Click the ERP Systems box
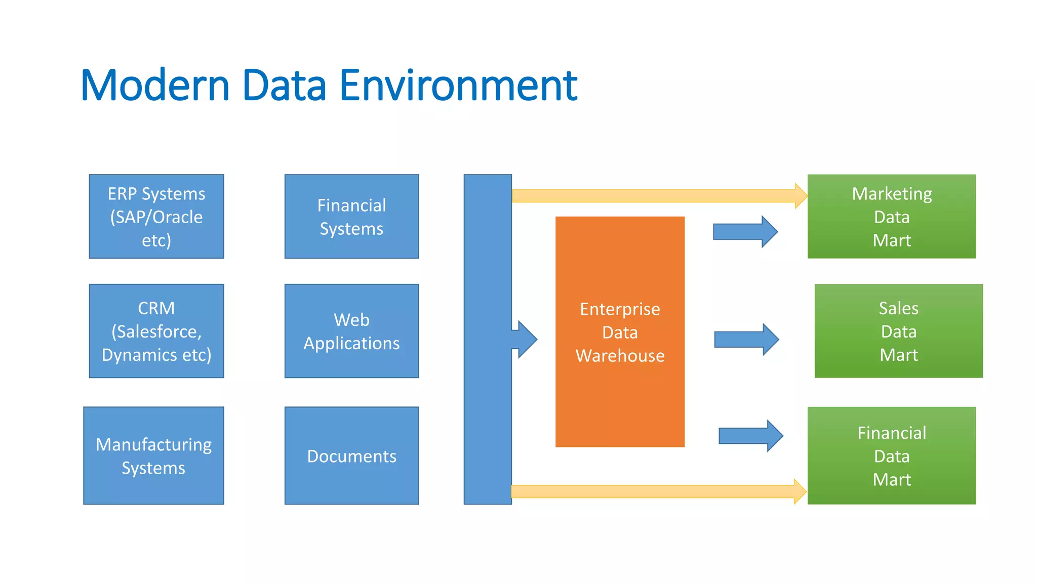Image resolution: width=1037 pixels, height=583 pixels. point(156,217)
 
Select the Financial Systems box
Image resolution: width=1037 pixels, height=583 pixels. point(351,217)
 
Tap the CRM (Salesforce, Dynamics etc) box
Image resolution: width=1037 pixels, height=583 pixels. point(156,331)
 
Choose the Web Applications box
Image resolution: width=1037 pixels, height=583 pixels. point(351,331)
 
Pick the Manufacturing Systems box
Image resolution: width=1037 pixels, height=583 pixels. point(153,455)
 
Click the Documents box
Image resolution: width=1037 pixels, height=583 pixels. point(351,455)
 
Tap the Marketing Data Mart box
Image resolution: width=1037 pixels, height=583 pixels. point(891,217)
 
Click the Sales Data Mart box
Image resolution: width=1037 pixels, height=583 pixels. point(898,331)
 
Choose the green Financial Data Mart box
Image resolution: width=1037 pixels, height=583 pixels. point(891,455)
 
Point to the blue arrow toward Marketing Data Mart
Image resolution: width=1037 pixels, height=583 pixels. point(745,232)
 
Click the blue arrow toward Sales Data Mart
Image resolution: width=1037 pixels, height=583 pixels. point(746,340)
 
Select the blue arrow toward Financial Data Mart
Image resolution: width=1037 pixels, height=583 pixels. point(750,436)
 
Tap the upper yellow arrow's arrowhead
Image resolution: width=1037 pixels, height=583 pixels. point(801,196)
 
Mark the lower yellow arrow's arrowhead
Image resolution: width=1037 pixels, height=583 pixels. point(800,491)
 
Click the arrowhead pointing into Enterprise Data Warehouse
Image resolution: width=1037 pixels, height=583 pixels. point(527,339)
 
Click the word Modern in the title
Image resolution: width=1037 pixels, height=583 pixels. point(155,85)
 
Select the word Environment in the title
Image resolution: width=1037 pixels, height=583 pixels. point(458,85)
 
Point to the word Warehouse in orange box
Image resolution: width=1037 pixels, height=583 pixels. point(620,356)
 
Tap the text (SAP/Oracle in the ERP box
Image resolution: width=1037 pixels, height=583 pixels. point(156,217)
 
